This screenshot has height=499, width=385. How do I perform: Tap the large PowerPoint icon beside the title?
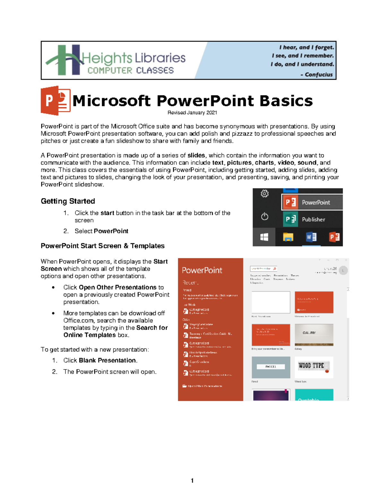(56, 101)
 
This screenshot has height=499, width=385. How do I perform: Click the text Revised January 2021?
(192, 113)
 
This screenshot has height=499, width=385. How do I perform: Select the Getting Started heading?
(68, 201)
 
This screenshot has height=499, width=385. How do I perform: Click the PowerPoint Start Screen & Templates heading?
(102, 246)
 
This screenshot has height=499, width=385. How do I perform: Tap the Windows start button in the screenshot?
(264, 237)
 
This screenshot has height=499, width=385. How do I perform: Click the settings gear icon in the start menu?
(264, 193)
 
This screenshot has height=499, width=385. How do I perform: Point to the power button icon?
(264, 217)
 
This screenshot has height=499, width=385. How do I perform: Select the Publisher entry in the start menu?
(313, 219)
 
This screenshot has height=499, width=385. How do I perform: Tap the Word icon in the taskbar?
(311, 237)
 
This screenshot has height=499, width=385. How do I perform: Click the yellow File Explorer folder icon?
(288, 237)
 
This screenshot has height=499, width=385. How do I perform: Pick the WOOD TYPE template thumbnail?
(314, 367)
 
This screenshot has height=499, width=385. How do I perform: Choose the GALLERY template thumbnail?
(314, 334)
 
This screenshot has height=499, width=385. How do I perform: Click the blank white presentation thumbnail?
(271, 302)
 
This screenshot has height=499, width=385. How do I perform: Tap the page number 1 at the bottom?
(192, 480)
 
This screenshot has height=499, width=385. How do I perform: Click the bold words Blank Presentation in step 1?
(108, 361)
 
